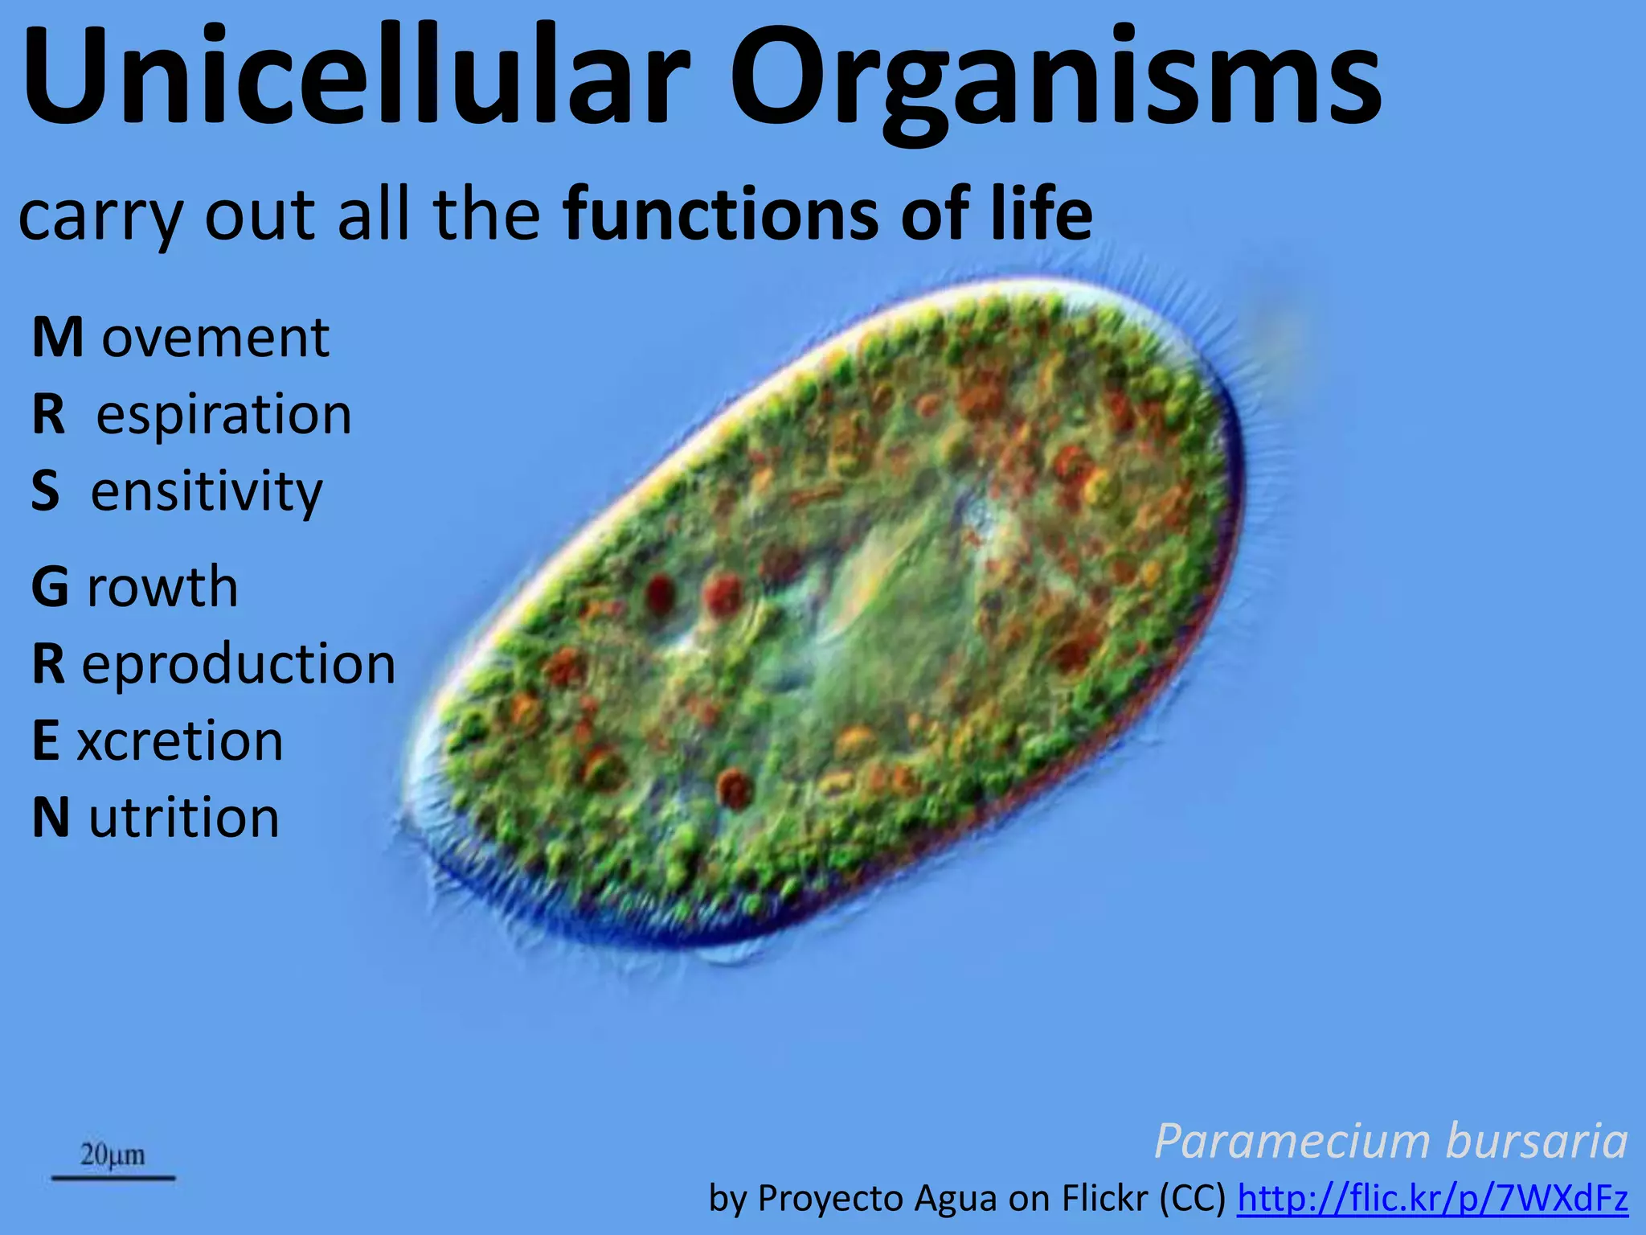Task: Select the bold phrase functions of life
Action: click(x=828, y=214)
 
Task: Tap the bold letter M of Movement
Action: click(x=57, y=338)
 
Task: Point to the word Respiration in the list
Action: click(x=193, y=415)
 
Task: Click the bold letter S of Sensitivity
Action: click(x=46, y=491)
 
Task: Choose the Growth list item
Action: click(x=135, y=587)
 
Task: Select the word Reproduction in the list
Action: click(x=214, y=664)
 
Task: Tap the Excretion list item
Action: click(x=158, y=741)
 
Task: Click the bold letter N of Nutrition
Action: click(x=51, y=818)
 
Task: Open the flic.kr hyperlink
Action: click(x=1432, y=1199)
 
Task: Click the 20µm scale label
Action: click(x=113, y=1155)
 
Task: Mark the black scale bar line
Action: click(x=113, y=1178)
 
